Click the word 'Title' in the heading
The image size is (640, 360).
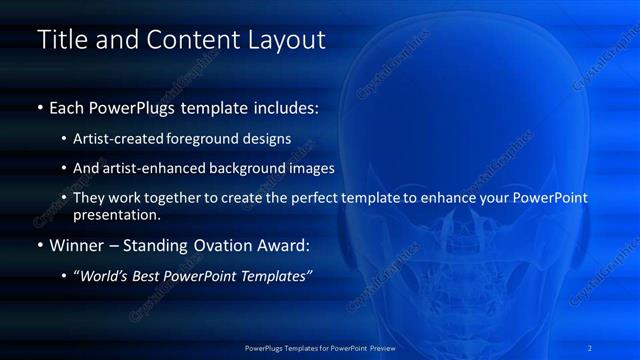click(x=59, y=40)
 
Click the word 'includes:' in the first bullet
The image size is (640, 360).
click(x=283, y=106)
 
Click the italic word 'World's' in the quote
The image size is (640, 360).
click(x=104, y=276)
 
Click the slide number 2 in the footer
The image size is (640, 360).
click(x=590, y=347)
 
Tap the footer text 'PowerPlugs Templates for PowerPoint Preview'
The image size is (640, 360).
click(x=320, y=347)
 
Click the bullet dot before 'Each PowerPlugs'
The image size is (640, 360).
click(x=40, y=107)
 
